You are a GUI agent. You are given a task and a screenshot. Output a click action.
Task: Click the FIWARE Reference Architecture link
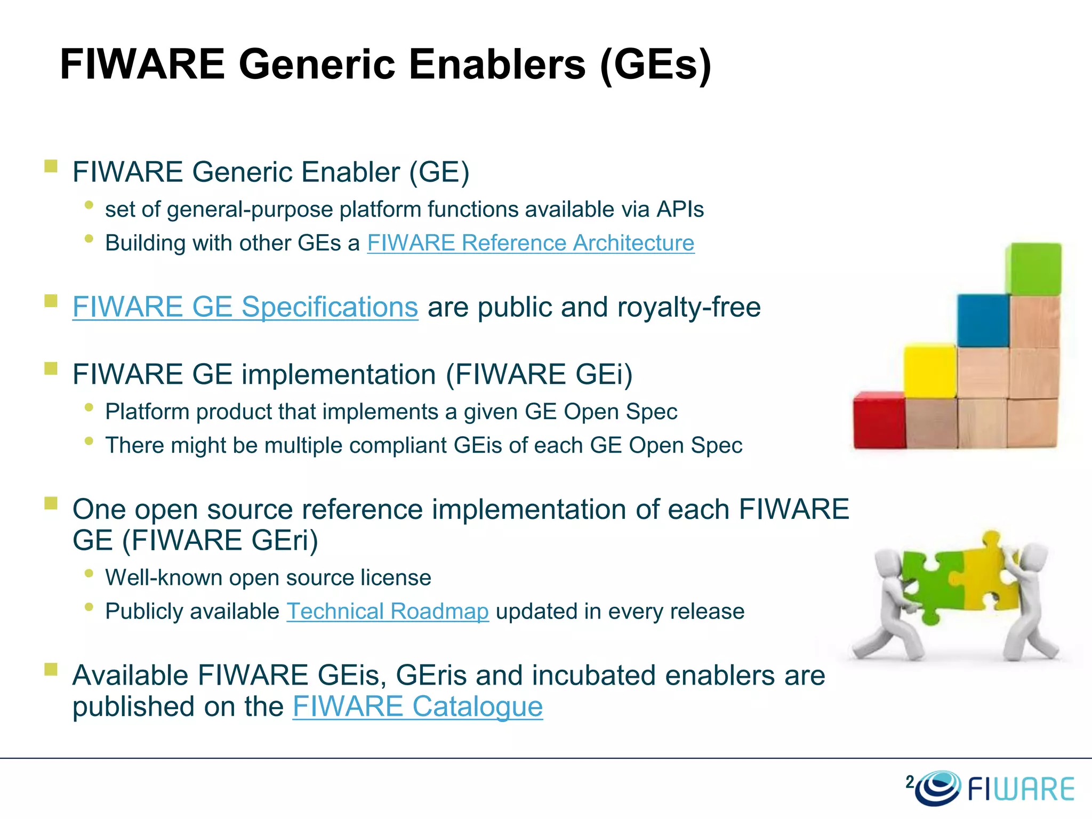tap(531, 243)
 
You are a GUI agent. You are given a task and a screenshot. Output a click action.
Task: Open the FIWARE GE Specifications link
tap(245, 308)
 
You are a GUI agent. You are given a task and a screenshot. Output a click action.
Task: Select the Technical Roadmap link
tap(388, 612)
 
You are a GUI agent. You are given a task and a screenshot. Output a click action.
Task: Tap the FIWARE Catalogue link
tap(417, 707)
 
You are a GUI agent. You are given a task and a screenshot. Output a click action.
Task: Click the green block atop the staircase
tap(1034, 268)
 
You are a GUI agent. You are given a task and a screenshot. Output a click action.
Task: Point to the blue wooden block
tap(983, 320)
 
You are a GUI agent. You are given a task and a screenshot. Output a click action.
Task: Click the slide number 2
tap(909, 782)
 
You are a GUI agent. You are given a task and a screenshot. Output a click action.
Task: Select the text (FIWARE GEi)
tap(539, 374)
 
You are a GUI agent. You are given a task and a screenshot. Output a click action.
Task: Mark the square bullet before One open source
tap(51, 503)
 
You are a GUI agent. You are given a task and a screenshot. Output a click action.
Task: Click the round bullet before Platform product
tap(89, 408)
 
